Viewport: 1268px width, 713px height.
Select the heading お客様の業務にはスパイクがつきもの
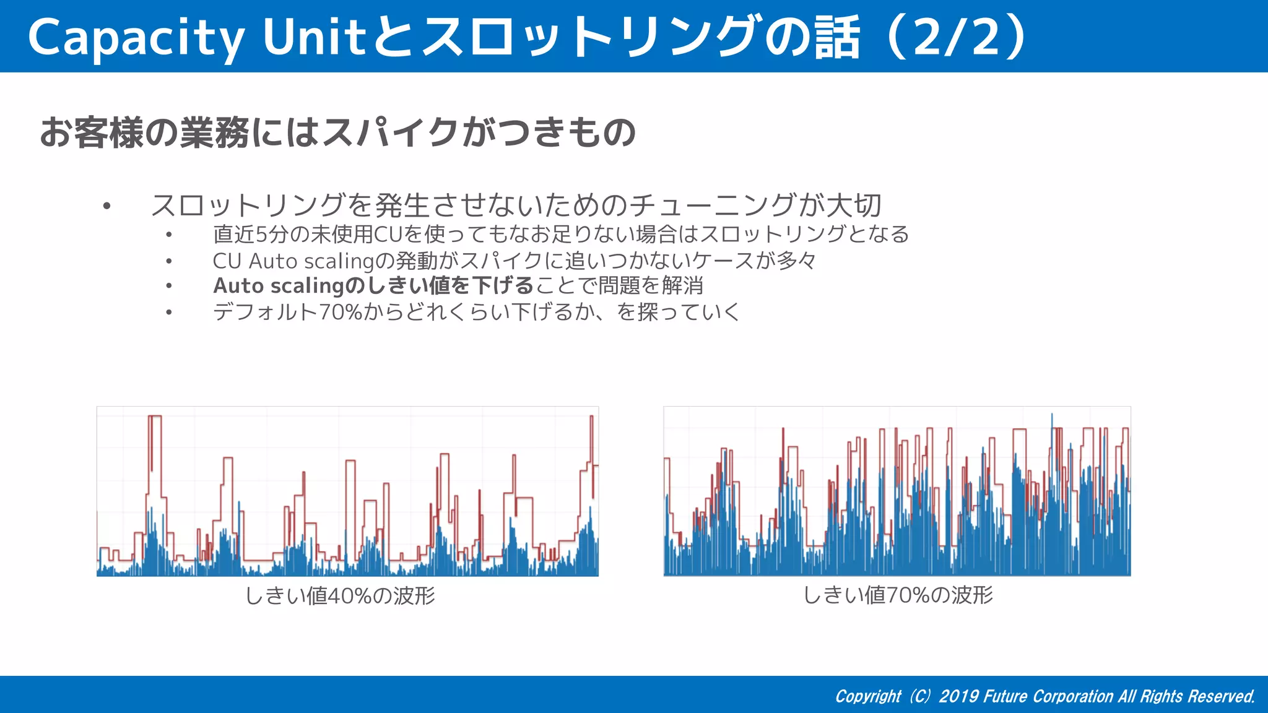[x=338, y=132]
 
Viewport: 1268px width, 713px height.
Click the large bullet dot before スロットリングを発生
[x=107, y=205]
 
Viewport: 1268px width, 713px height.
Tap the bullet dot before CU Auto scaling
[x=168, y=261]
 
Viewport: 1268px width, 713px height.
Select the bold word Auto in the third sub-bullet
[x=238, y=286]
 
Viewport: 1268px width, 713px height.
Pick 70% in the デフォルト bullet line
[x=340, y=312]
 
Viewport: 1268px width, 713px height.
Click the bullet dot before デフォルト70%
[x=168, y=312]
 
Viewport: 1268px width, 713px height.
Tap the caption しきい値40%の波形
[x=340, y=595]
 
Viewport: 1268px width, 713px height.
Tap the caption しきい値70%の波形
[x=898, y=595]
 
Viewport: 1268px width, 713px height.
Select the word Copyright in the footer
[x=868, y=696]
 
